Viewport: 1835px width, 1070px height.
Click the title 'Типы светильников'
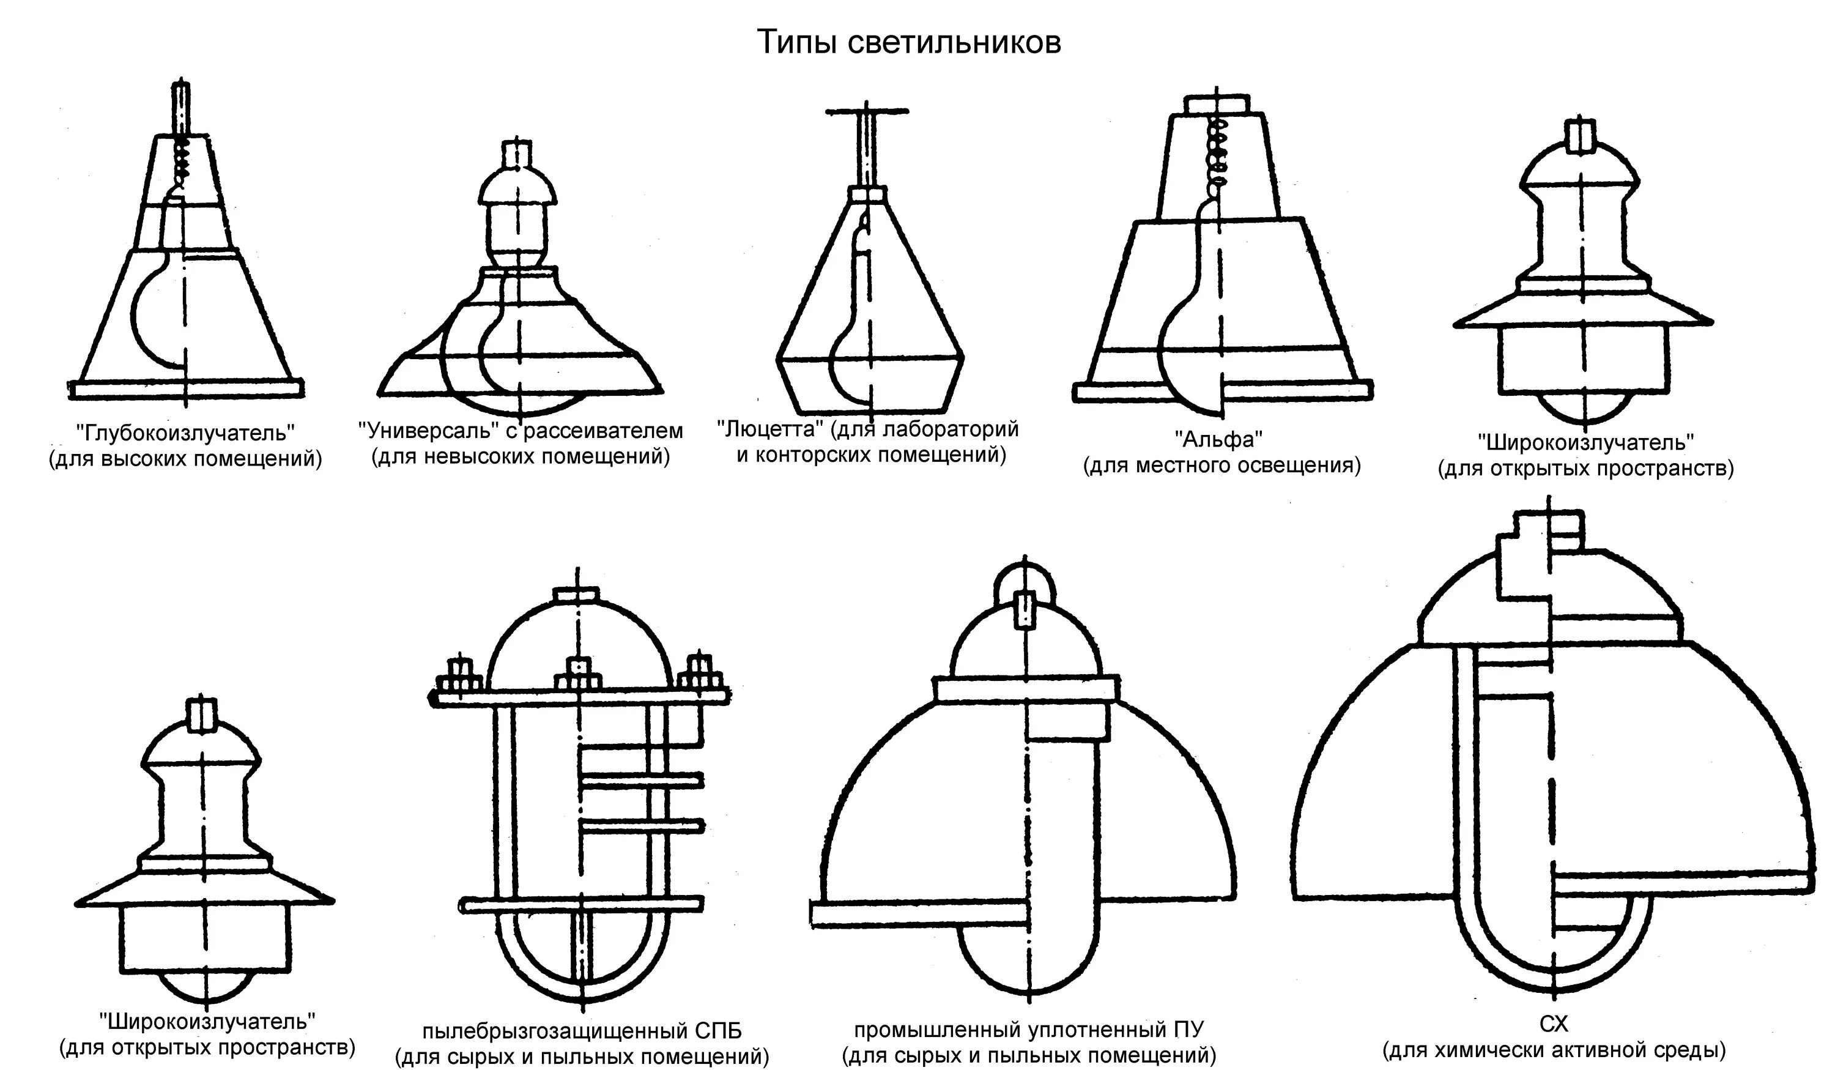coord(909,42)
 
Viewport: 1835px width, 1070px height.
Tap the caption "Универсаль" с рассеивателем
coord(521,431)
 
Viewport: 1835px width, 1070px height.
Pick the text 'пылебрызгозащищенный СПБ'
coord(582,1031)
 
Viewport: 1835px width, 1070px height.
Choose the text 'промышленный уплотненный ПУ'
coord(1028,1029)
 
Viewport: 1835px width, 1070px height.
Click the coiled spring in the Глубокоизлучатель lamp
coord(182,162)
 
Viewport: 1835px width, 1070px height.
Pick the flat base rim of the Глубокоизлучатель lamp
coord(186,389)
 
